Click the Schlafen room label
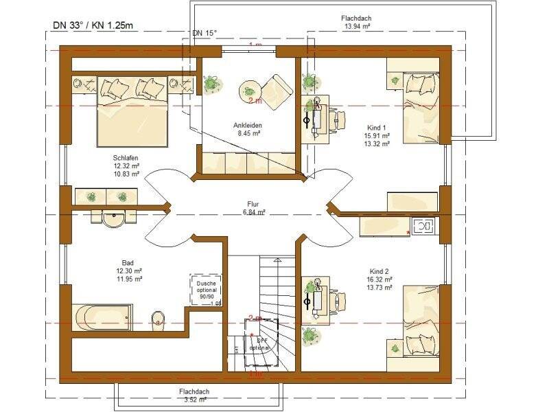(126, 165)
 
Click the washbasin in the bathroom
(114, 218)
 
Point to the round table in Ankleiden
(249, 90)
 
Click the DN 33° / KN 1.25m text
(93, 25)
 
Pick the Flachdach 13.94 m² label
(357, 22)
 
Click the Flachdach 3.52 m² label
(194, 396)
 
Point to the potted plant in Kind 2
(310, 336)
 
